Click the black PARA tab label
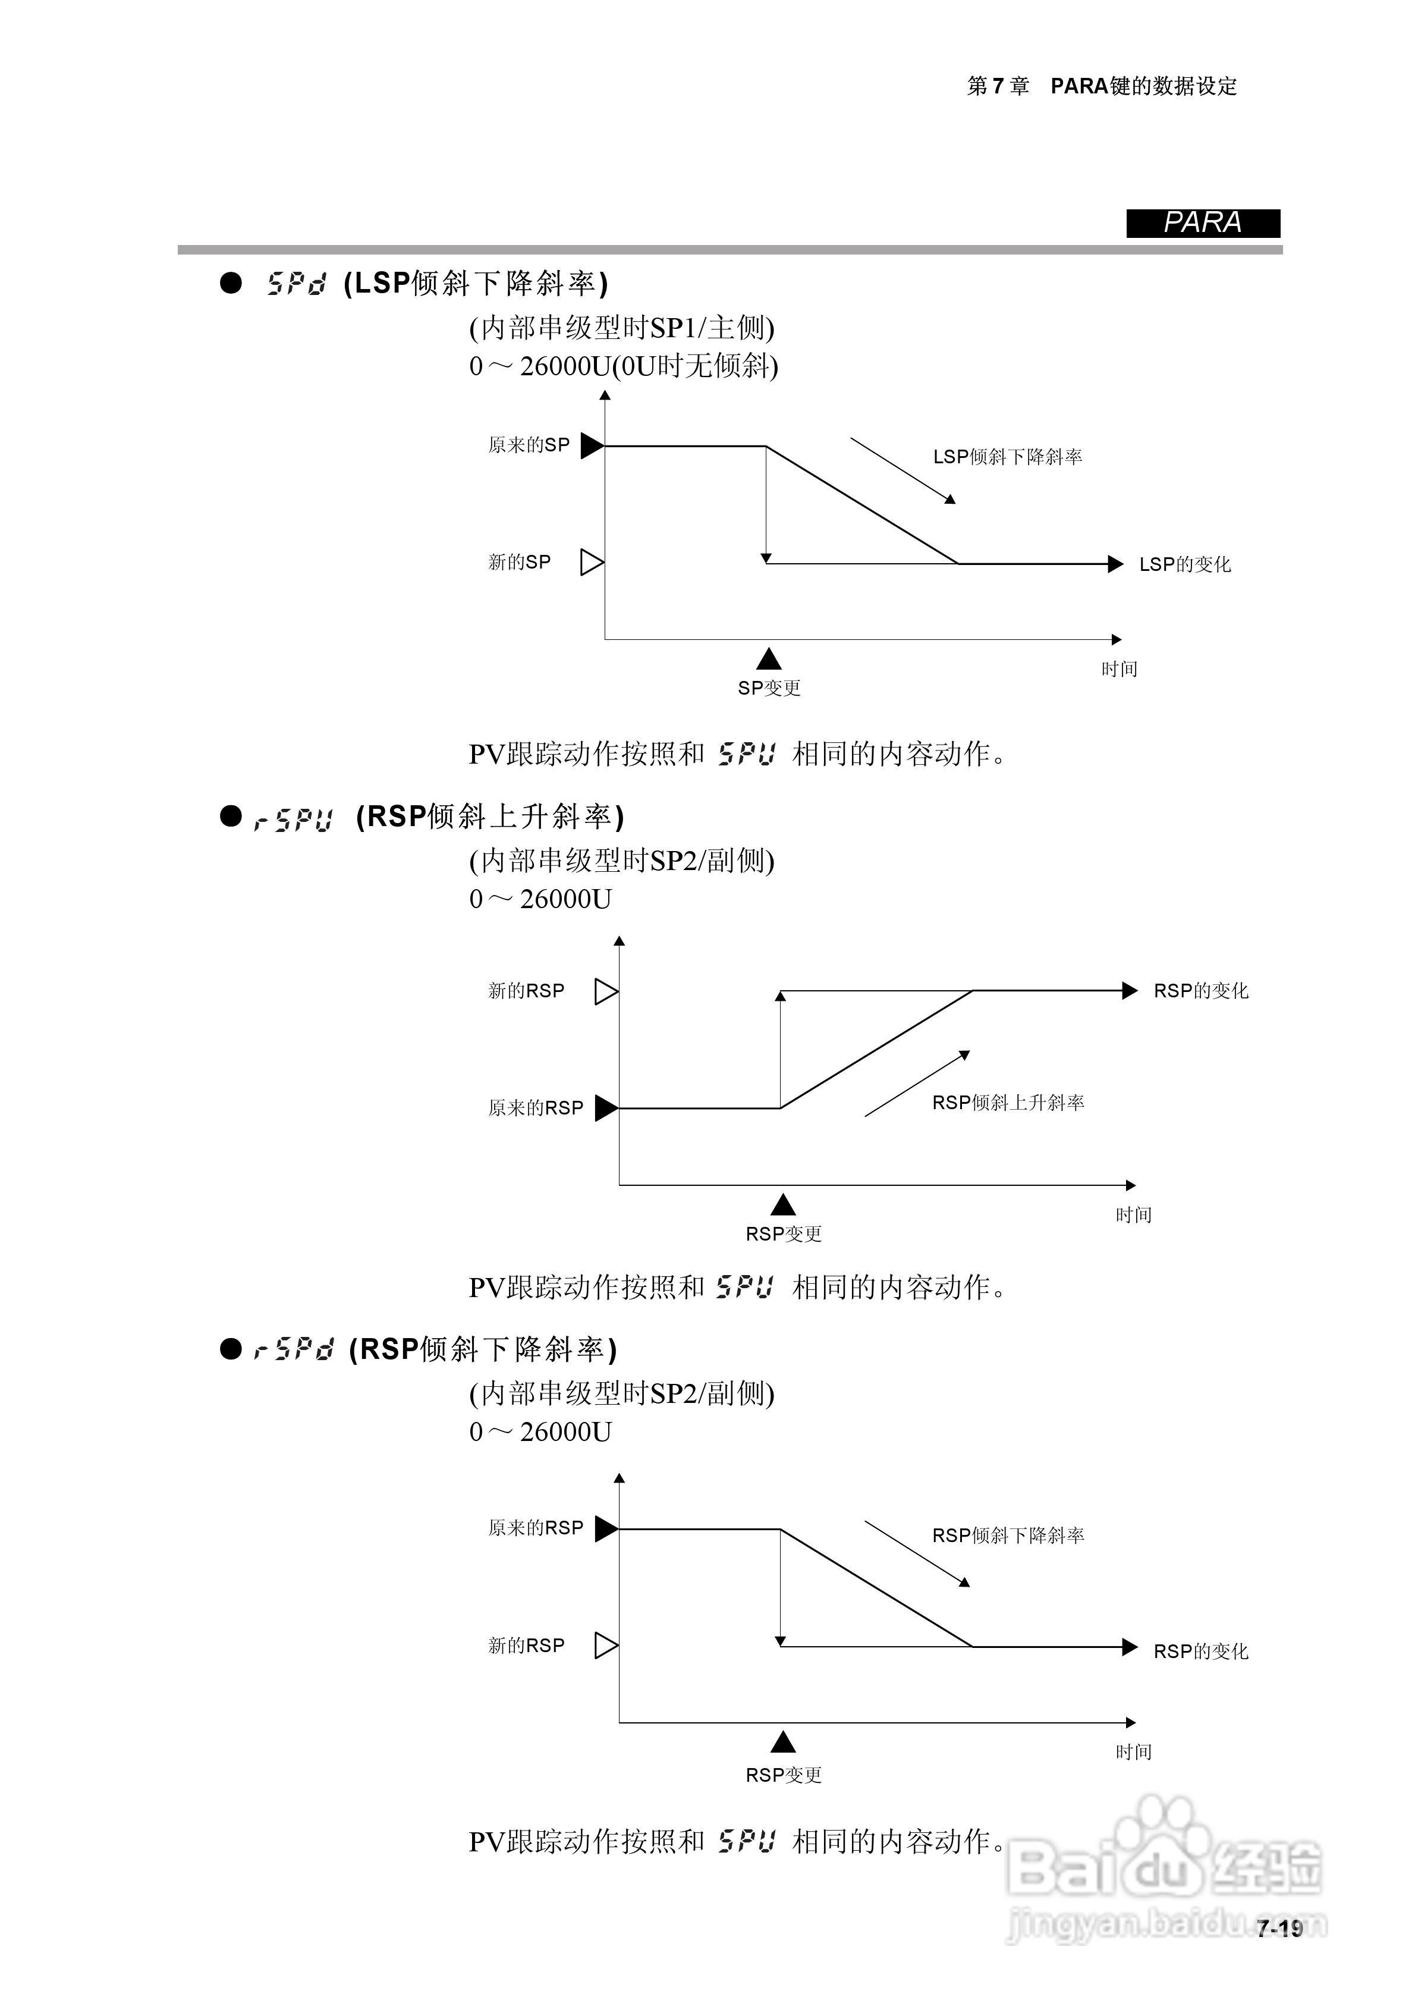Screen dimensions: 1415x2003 click(1202, 224)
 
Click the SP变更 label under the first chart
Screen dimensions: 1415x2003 click(769, 688)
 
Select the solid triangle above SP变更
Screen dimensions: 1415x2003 click(769, 659)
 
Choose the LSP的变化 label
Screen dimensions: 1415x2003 click(1185, 564)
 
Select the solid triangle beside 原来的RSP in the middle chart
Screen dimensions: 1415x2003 click(605, 1108)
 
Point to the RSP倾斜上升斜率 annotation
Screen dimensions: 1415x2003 click(1008, 1103)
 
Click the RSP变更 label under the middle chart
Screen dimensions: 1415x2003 click(784, 1233)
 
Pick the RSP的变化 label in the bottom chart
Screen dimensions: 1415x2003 click(1200, 1652)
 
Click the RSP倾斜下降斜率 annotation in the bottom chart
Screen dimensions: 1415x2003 click(1008, 1536)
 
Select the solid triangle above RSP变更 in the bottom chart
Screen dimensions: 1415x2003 click(784, 1742)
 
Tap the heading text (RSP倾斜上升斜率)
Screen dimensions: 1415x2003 click(490, 817)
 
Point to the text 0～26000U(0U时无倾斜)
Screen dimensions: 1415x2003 click(623, 366)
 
